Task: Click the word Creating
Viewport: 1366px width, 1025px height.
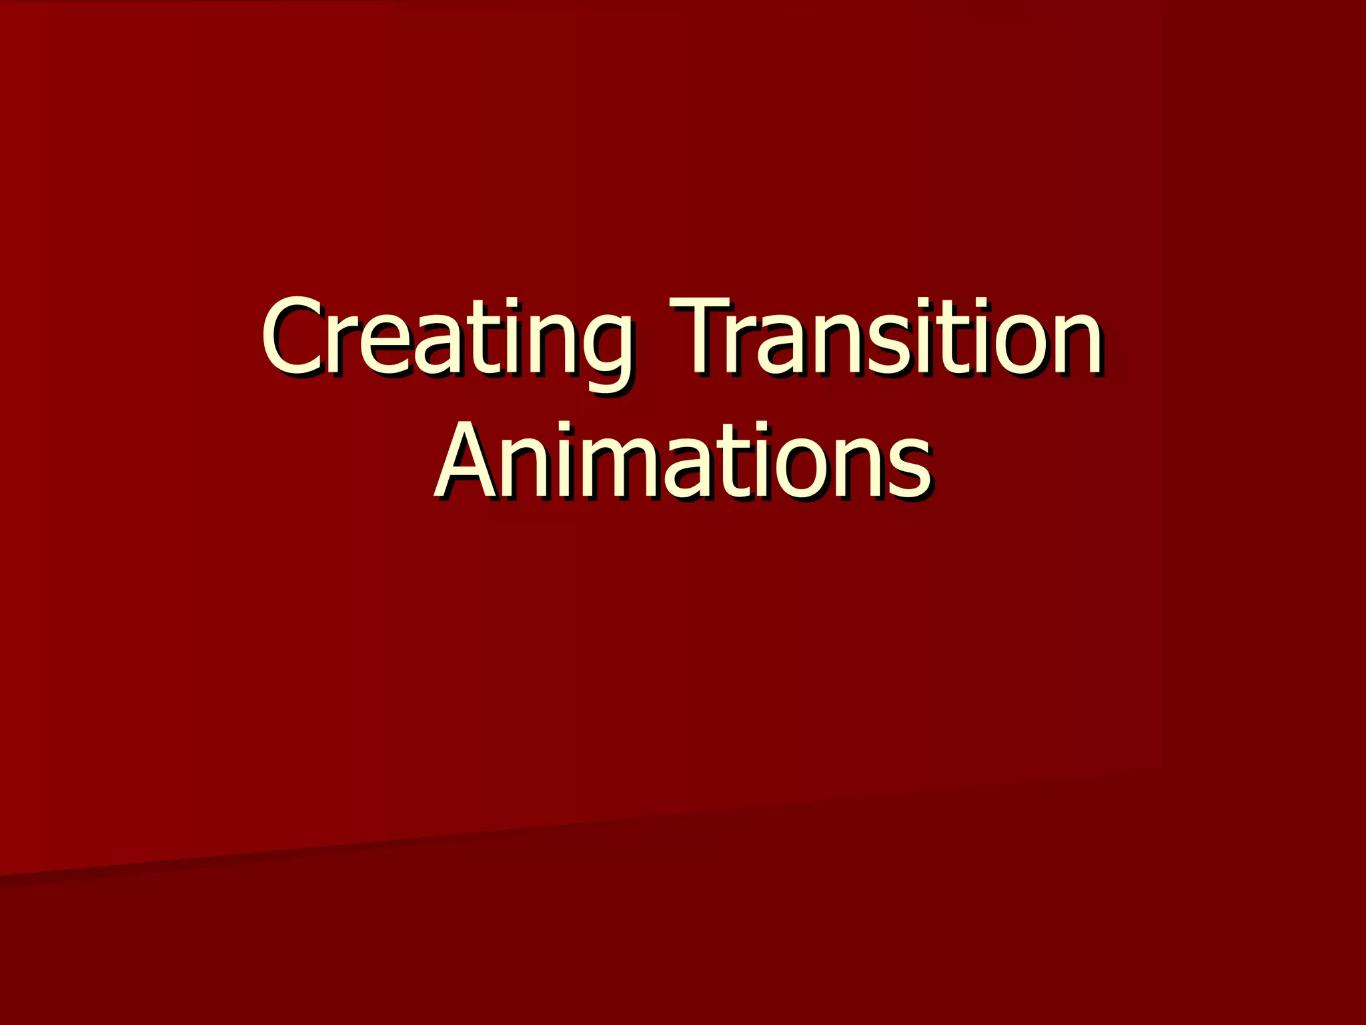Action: (446, 337)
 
